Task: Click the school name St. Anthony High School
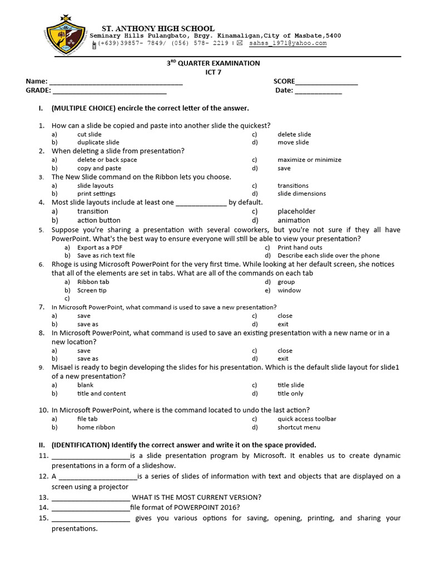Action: (x=157, y=28)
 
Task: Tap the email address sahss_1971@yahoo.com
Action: (x=287, y=43)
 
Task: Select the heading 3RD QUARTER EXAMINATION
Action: (x=213, y=63)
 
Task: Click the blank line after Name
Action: (x=116, y=83)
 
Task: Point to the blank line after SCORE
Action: (x=326, y=83)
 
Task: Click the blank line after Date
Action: (x=318, y=92)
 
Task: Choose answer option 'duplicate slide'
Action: (x=98, y=142)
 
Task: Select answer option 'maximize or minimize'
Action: (x=310, y=159)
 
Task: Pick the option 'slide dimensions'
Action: (x=302, y=194)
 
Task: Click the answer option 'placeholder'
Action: (x=296, y=211)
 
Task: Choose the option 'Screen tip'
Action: (x=92, y=290)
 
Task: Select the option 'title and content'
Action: (x=102, y=393)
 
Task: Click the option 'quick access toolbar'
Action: (x=307, y=419)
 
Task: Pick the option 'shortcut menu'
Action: (x=299, y=427)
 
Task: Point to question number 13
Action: (x=43, y=497)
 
